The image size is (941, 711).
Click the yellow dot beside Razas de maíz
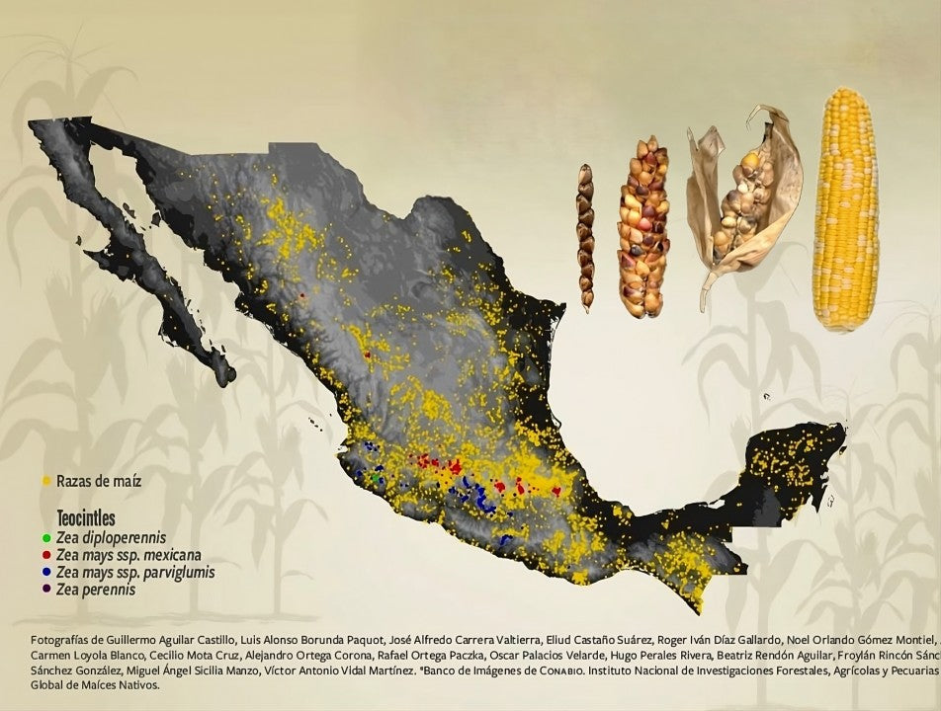tap(45, 482)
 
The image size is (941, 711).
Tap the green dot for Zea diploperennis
tap(46, 537)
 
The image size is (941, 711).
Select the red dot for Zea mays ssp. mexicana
tap(46, 555)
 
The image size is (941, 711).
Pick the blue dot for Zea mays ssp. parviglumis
tap(46, 572)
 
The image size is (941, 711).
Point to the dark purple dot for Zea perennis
tap(46, 590)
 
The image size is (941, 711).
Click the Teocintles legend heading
tap(86, 518)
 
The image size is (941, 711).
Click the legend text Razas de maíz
tap(99, 482)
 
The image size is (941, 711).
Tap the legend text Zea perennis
tap(96, 590)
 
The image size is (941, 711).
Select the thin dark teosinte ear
tap(585, 237)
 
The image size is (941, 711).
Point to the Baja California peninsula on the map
tap(148, 257)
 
